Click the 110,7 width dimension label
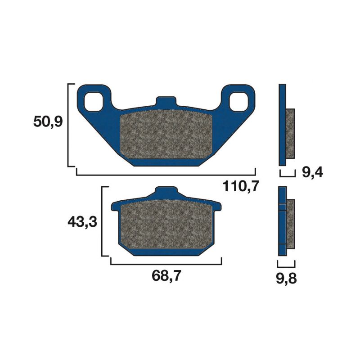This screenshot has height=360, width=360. [241, 185]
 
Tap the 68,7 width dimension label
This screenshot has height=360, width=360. [166, 276]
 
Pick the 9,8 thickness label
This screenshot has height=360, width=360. [287, 279]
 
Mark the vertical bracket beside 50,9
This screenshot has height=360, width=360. [68, 125]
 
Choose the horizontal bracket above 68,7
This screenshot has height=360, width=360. [166, 264]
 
